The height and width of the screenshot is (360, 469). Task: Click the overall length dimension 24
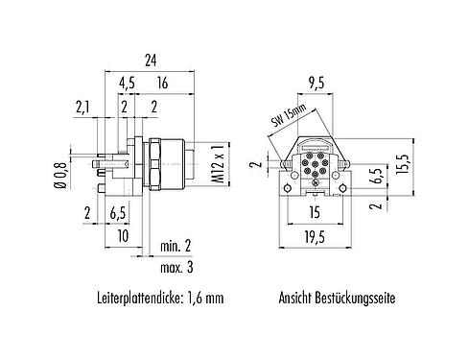[x=150, y=60]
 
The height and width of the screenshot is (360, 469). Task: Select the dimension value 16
[x=164, y=84]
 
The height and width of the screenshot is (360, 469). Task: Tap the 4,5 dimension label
[x=127, y=84]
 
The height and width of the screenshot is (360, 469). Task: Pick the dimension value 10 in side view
[x=122, y=235]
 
